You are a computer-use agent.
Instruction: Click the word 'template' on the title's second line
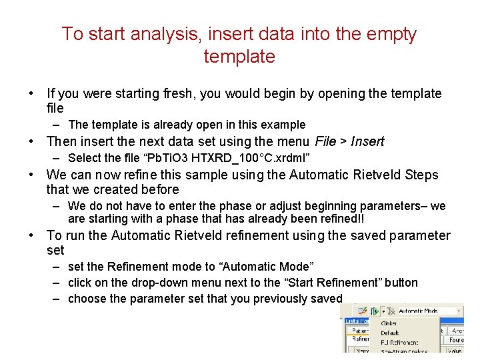tap(239, 57)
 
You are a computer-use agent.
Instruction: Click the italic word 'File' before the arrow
tap(325, 141)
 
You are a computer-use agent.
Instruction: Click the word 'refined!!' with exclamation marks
tap(339, 219)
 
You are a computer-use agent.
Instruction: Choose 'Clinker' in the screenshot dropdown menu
tap(389, 323)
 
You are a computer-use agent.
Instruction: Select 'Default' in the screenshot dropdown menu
tap(389, 333)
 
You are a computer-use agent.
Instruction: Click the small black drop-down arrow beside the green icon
tap(383, 311)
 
